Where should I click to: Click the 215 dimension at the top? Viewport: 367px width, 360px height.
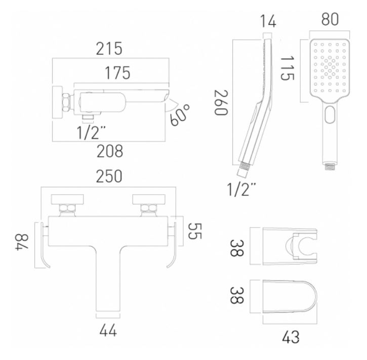pos(110,49)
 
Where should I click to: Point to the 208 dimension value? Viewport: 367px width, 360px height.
pos(110,151)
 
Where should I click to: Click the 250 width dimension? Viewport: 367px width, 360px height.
pos(110,176)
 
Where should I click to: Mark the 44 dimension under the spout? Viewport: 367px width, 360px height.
pos(108,331)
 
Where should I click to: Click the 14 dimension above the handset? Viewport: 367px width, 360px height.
pos(267,22)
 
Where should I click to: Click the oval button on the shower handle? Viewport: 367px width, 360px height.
pos(330,114)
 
